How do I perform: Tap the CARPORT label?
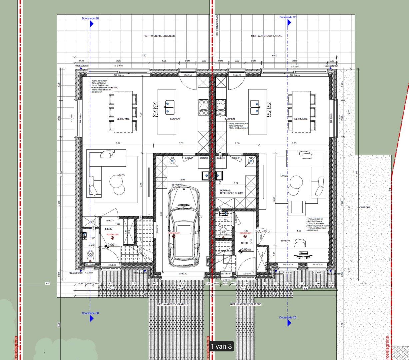coord(365,207)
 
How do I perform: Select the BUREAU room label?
coord(285,241)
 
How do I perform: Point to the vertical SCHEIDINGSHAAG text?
coord(217,25)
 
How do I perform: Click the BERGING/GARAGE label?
coord(177,186)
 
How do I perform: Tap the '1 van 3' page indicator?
coord(221,346)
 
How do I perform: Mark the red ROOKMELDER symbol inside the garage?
coord(175,235)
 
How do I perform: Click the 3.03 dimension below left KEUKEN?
coord(181,143)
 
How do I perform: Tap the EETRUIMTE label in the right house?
coord(301,119)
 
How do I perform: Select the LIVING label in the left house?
coord(121,175)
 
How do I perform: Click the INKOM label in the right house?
coord(244,243)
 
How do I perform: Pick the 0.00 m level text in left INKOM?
coord(112,245)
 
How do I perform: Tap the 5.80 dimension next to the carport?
coord(349,207)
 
